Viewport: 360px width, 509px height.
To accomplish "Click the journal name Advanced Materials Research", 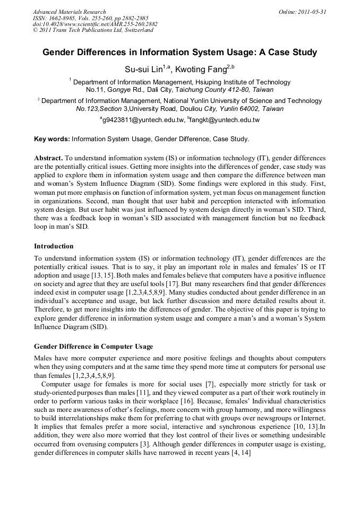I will tap(69, 12).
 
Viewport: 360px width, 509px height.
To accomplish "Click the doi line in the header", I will tap(95, 24).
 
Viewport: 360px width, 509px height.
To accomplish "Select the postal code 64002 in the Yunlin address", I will tap(247, 108).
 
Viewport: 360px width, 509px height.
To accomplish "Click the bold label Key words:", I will tap(52, 139).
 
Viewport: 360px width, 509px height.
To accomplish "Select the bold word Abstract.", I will tap(48, 158).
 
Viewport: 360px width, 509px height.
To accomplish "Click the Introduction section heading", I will tap(54, 246).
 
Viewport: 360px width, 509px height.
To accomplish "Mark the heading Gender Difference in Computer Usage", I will tap(93, 346).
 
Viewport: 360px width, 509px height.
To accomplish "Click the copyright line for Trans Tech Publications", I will tap(93, 30).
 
